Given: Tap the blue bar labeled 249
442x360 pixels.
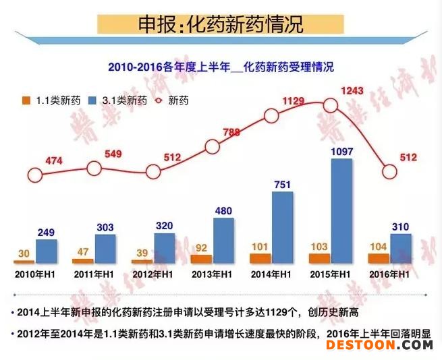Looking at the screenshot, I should (47, 250).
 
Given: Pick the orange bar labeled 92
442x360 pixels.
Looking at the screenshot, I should (200, 258).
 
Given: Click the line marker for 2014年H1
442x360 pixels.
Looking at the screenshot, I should (271, 115).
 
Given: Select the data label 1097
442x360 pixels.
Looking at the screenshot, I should (341, 152).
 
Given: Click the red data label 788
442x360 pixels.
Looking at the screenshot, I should (231, 132).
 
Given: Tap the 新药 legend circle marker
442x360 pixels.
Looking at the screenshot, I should (161, 100).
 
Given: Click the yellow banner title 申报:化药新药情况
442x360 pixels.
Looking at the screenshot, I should (221, 25).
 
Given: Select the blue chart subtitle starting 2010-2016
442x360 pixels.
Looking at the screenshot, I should (221, 67).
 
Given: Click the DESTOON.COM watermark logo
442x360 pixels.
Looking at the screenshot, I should (379, 344).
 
